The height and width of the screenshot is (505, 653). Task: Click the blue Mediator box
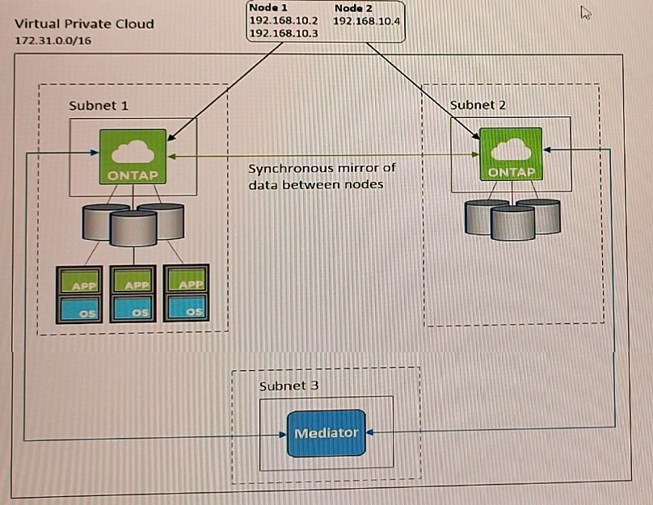pyautogui.click(x=326, y=433)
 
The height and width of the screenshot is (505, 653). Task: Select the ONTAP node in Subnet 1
pyautogui.click(x=133, y=157)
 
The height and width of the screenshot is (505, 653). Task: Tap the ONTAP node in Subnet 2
pyautogui.click(x=511, y=154)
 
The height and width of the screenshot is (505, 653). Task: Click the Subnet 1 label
pyautogui.click(x=99, y=105)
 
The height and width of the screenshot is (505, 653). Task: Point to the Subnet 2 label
pyautogui.click(x=478, y=105)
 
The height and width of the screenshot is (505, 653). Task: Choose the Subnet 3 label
pyautogui.click(x=289, y=386)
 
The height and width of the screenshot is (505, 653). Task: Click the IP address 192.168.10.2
pyautogui.click(x=283, y=20)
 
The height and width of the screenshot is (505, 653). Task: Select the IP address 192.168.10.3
pyautogui.click(x=283, y=33)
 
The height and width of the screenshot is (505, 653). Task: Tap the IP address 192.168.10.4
pyautogui.click(x=366, y=21)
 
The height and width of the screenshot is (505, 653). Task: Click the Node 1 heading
pyautogui.click(x=268, y=8)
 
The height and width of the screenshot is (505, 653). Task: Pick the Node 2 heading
pyautogui.click(x=353, y=8)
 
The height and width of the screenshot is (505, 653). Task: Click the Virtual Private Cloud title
pyautogui.click(x=85, y=23)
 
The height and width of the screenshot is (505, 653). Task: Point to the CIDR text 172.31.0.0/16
pyautogui.click(x=53, y=40)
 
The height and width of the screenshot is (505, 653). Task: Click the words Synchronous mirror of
pyautogui.click(x=322, y=168)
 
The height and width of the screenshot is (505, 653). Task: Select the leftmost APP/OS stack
pyautogui.click(x=79, y=295)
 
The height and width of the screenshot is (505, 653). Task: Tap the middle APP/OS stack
pyautogui.click(x=133, y=294)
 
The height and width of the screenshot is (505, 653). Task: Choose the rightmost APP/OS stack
pyautogui.click(x=186, y=293)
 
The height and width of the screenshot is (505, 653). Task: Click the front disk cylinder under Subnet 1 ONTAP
pyautogui.click(x=133, y=228)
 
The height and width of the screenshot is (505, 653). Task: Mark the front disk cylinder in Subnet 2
pyautogui.click(x=512, y=223)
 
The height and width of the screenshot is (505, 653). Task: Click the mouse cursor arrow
pyautogui.click(x=586, y=12)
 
